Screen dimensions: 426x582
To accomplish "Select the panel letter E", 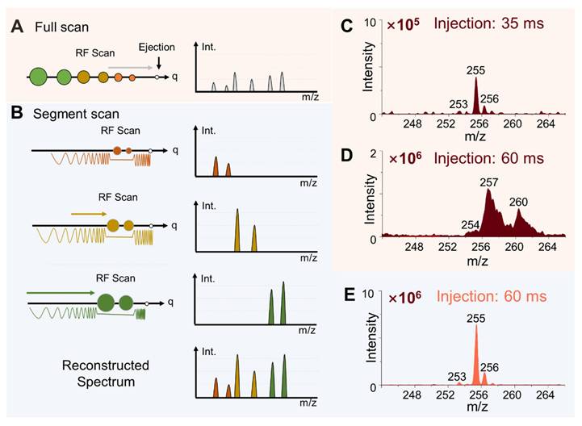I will tap(347, 293).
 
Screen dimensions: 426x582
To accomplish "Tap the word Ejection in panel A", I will tap(156, 48).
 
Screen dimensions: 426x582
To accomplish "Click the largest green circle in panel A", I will tap(36, 77).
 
